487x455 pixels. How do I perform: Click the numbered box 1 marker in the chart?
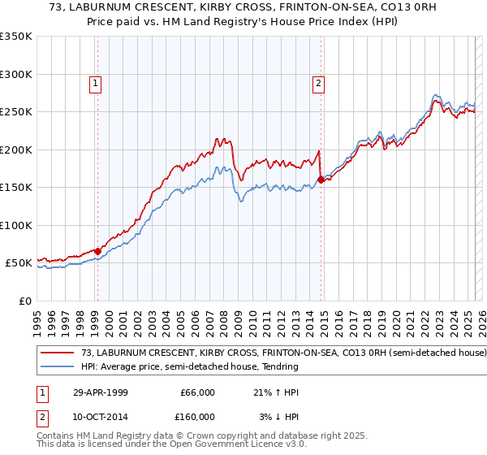[96, 82]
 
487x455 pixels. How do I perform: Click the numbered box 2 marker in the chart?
[318, 82]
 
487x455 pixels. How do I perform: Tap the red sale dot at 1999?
[97, 251]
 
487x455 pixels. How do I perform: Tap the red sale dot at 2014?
[321, 180]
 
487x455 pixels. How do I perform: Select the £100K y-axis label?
[16, 225]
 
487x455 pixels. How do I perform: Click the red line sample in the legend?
[58, 353]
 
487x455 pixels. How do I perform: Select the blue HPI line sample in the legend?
[58, 366]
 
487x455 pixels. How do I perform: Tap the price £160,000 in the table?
[197, 417]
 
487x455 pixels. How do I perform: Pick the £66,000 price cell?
[197, 392]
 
